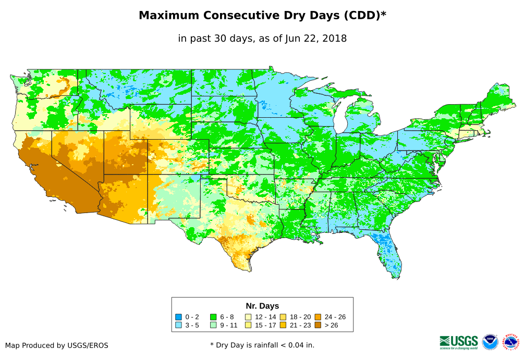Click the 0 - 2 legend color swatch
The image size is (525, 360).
179,317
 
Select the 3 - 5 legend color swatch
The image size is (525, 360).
179,325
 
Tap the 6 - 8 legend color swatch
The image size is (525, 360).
213,317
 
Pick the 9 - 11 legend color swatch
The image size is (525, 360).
213,325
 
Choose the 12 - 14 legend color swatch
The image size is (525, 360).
249,317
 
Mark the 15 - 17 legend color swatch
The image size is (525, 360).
249,325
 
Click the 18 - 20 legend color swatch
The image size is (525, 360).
283,317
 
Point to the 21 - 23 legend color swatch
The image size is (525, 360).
283,325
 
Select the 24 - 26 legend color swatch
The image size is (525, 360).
318,317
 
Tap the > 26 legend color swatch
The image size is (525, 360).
318,325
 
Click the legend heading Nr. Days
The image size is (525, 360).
262,306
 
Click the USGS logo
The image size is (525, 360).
459,342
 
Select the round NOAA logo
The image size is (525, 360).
490,342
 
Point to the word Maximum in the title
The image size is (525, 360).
168,16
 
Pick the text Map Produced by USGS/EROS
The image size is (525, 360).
56,345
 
